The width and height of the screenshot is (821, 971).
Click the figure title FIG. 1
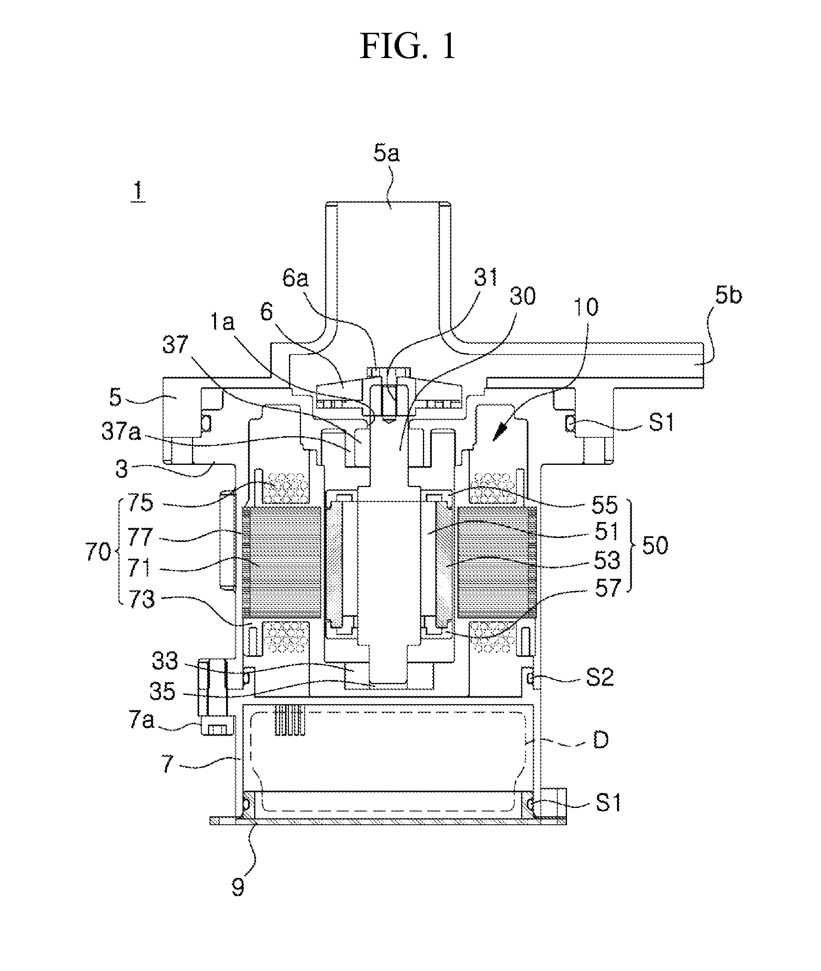point(408,47)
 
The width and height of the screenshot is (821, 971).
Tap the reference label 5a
point(386,153)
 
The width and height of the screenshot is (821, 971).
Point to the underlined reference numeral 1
point(138,192)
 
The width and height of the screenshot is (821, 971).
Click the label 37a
point(121,431)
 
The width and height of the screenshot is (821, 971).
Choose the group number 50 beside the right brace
point(655,545)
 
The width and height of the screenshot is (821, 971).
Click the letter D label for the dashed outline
point(600,740)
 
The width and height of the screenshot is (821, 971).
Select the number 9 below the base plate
point(238,888)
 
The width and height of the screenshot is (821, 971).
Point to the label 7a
point(141,720)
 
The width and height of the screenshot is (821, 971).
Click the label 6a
point(296,278)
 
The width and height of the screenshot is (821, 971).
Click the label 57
point(608,588)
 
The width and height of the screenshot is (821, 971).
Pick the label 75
point(140,503)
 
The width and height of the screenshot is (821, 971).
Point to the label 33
point(165,661)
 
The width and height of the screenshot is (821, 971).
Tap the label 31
point(485,277)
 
